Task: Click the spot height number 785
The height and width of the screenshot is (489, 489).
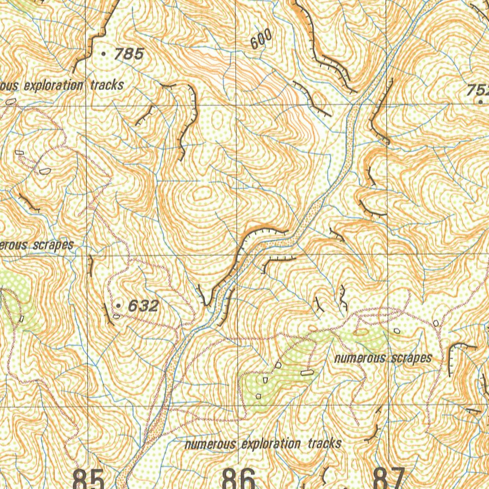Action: point(128,54)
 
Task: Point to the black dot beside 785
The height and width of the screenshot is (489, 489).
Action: point(104,54)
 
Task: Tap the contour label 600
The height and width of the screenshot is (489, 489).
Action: point(261,39)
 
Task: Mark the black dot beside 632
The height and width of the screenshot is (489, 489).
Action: point(118,305)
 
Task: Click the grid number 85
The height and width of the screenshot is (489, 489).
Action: point(88,478)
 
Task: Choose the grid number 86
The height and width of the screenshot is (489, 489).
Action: point(239,478)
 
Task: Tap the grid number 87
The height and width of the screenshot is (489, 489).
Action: point(389,478)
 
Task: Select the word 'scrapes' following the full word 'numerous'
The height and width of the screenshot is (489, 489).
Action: point(411,358)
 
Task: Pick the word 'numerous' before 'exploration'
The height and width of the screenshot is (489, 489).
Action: point(210,444)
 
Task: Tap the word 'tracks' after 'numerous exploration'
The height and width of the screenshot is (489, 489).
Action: point(324,444)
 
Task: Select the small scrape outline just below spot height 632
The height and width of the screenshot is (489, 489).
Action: point(117,316)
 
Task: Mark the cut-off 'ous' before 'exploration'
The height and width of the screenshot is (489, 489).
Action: point(9,86)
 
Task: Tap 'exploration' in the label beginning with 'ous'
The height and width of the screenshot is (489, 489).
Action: point(53,86)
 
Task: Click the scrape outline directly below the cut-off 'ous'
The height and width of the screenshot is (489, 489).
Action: point(11,101)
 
